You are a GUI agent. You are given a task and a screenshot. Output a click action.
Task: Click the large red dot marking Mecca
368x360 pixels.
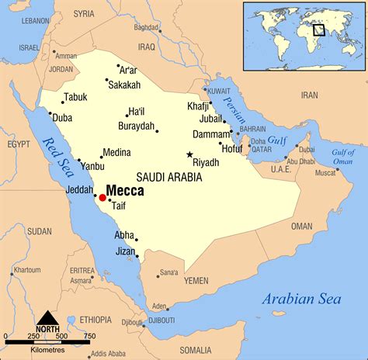(102, 198)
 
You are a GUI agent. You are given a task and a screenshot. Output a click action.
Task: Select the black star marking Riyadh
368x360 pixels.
(189, 154)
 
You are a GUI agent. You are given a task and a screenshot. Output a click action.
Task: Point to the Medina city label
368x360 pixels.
(117, 152)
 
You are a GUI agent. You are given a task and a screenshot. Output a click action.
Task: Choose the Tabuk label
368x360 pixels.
(75, 97)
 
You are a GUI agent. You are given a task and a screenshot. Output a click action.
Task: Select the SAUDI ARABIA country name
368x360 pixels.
(168, 178)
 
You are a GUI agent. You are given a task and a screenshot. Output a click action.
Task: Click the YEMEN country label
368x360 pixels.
(197, 279)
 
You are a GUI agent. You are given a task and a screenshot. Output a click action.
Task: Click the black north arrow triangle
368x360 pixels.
(48, 317)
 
